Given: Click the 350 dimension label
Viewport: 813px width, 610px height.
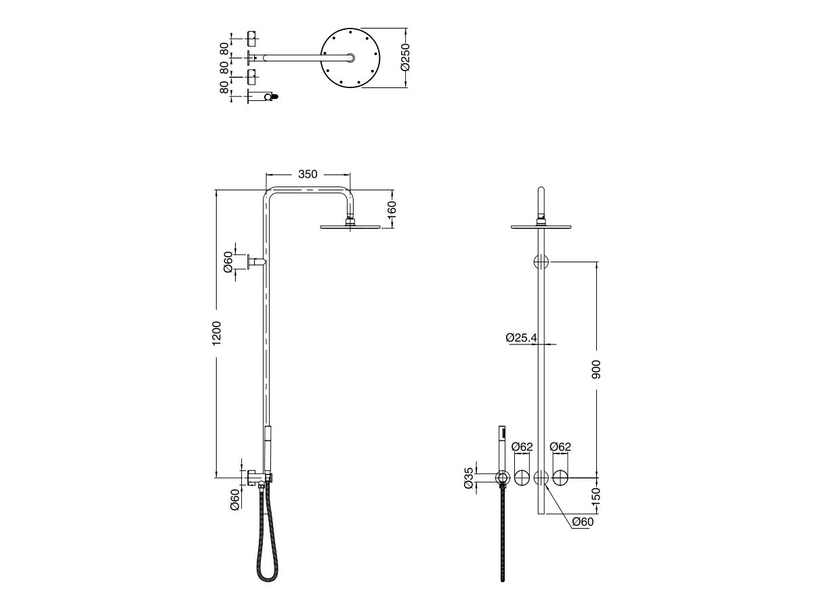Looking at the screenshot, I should click(x=307, y=174).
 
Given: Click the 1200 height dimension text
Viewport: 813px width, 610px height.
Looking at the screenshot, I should click(x=217, y=332).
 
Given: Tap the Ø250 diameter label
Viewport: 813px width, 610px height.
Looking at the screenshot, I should click(x=404, y=58).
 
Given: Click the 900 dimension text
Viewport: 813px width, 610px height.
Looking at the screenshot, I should click(x=596, y=369).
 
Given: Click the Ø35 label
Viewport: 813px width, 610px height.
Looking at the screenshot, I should click(x=468, y=478).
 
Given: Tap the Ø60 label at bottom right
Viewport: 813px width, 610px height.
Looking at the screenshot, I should click(x=583, y=522).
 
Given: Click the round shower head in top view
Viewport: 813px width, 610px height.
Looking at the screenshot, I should click(x=350, y=58).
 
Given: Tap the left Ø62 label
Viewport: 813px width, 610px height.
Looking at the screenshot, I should click(x=522, y=447).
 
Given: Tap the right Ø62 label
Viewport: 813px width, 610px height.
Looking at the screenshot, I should click(x=560, y=447).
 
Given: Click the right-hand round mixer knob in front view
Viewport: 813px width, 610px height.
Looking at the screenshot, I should click(x=561, y=478).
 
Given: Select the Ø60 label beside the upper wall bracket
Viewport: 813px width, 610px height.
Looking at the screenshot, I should click(x=228, y=262).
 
